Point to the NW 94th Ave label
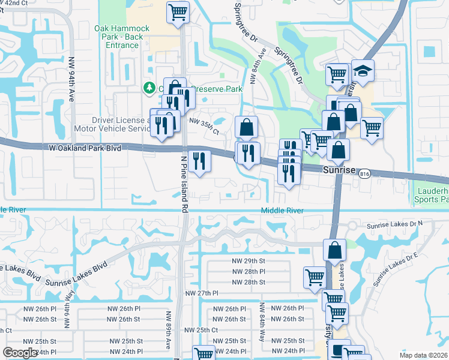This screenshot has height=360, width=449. tap(71, 79)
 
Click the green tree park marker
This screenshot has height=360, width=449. tap(149, 89)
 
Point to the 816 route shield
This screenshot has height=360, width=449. tap(365, 174)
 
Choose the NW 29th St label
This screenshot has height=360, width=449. tap(248, 261)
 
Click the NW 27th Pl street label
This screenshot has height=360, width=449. tap(201, 293)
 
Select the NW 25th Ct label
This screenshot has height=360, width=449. tap(200, 330)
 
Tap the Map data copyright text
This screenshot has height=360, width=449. tap(423, 355)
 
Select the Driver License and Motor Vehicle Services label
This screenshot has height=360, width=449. tap(112, 124)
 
